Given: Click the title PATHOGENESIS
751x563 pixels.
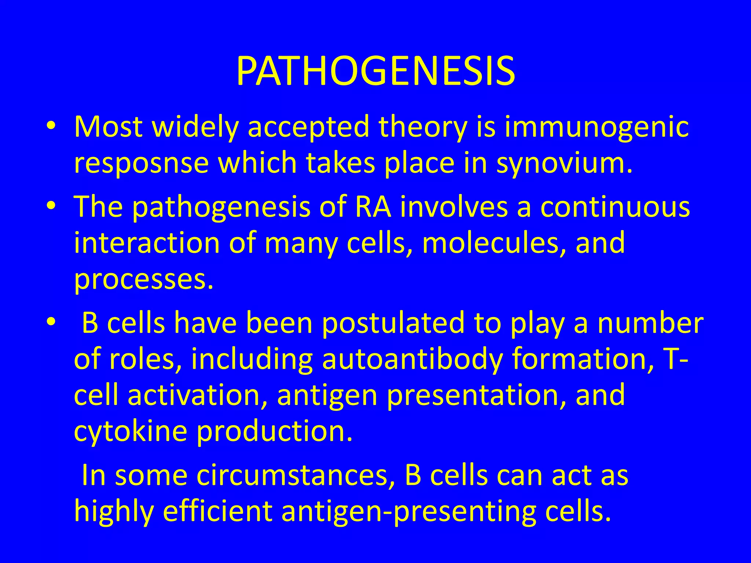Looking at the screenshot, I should (x=375, y=71).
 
